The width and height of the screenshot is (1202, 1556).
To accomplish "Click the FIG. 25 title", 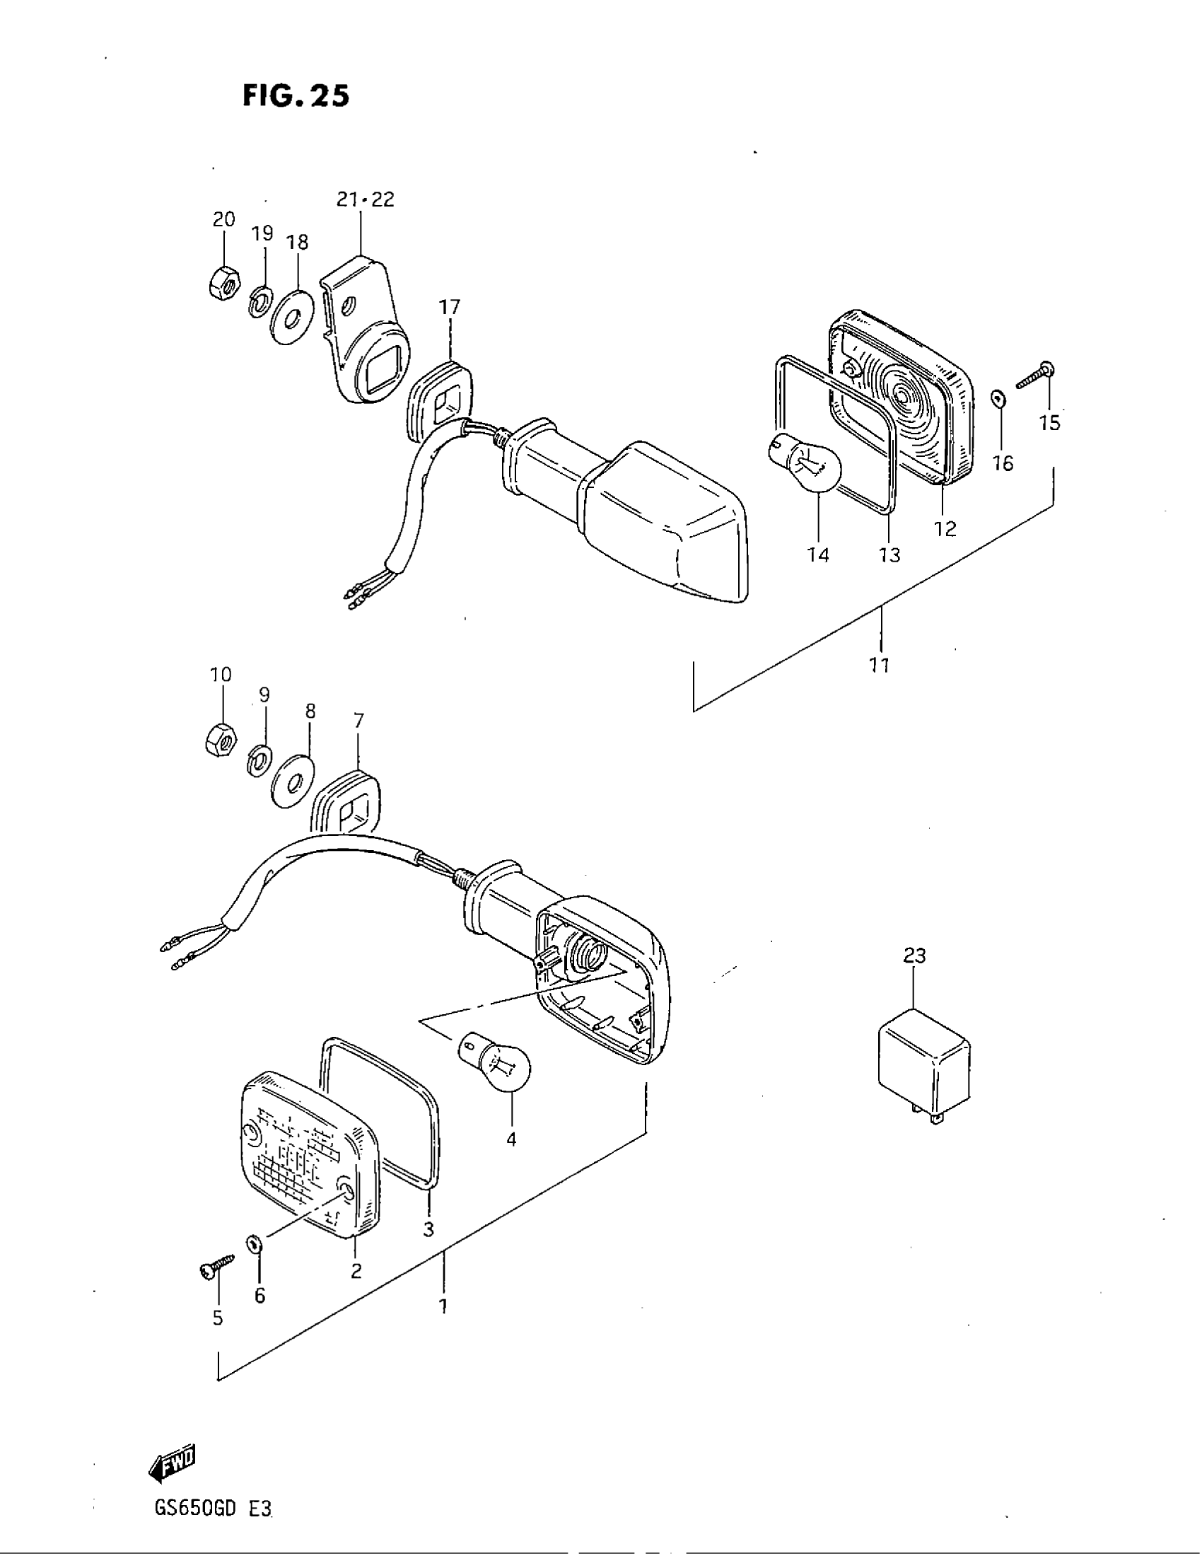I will point(296,96).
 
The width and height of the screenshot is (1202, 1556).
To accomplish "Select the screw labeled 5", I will point(216,1266).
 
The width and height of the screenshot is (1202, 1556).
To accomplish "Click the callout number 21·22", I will point(366,199).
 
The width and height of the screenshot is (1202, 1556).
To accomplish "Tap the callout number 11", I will point(880,665).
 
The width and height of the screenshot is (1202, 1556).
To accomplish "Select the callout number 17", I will point(449,307).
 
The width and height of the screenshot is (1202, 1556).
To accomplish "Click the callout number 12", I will point(945,528).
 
